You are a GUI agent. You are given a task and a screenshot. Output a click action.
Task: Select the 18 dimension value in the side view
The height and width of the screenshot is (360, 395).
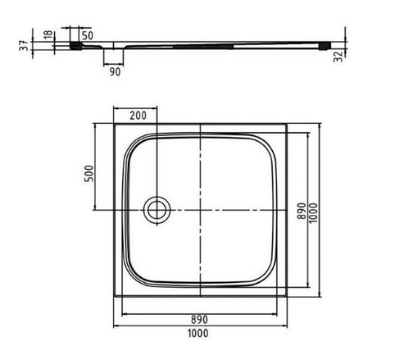tap(48, 36)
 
